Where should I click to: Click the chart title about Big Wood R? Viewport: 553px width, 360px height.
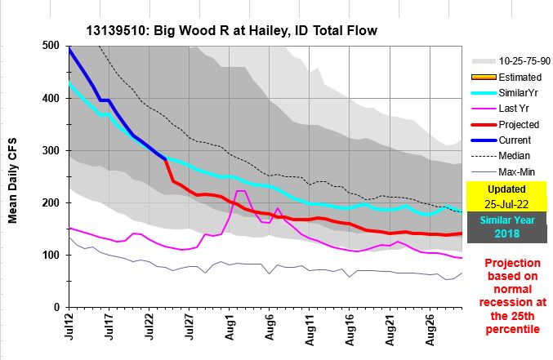click(231, 32)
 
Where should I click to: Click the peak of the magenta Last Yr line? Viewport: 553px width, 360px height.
click(241, 191)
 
